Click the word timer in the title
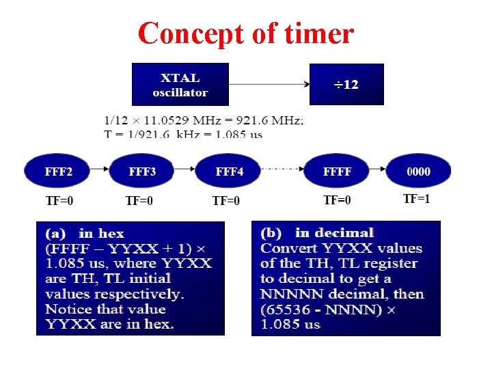317,33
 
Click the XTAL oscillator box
180,85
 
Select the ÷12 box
346,85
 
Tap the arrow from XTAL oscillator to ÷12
269,85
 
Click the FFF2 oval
59,172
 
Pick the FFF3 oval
142,172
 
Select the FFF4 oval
229,172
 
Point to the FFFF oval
337,172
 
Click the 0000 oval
418,172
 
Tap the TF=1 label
417,199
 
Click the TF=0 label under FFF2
59,200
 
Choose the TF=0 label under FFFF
337,200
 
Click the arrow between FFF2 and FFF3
100,171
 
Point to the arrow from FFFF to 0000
378,171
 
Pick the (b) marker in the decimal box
273,233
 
